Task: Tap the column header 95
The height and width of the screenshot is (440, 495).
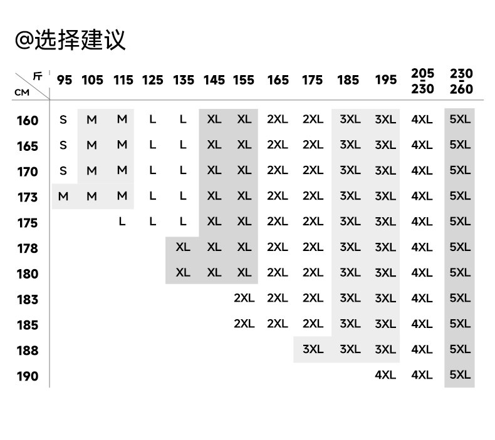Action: pyautogui.click(x=64, y=80)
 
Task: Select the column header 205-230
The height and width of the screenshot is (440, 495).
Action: pyautogui.click(x=422, y=81)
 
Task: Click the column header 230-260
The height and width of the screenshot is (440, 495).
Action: pyautogui.click(x=461, y=81)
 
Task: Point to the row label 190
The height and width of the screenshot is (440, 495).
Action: pyautogui.click(x=27, y=376)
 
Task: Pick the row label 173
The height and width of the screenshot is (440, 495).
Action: pyautogui.click(x=27, y=197)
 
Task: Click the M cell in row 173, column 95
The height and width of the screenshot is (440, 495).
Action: pyautogui.click(x=63, y=197)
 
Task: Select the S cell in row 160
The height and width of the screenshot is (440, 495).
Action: pyautogui.click(x=63, y=120)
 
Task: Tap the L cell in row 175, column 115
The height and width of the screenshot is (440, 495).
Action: pyautogui.click(x=122, y=222)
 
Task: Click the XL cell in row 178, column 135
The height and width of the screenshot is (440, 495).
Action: pyautogui.click(x=183, y=247)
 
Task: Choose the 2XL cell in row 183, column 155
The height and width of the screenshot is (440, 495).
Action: pyautogui.click(x=244, y=299)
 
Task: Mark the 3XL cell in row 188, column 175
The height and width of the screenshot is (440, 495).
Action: pyautogui.click(x=313, y=349)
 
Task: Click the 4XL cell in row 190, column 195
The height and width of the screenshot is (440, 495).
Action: pyautogui.click(x=385, y=375)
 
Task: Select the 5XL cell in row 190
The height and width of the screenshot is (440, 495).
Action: pyautogui.click(x=460, y=375)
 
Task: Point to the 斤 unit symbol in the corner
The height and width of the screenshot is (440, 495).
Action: pyautogui.click(x=38, y=76)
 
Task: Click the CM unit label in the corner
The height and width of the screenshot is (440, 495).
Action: pyautogui.click(x=21, y=92)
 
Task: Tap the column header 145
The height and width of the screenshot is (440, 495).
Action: pyautogui.click(x=214, y=80)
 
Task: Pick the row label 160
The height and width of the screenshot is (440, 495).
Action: pyautogui.click(x=27, y=120)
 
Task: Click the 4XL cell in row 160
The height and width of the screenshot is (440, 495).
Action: pyautogui.click(x=422, y=120)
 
